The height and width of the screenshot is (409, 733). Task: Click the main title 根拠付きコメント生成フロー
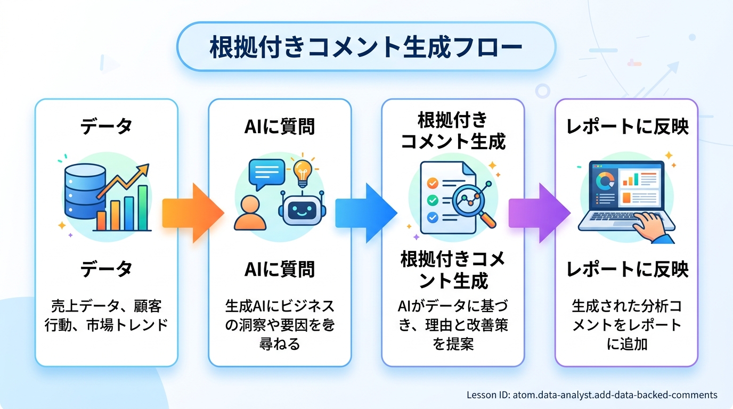[366, 47]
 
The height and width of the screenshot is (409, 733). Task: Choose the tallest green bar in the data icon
[143, 208]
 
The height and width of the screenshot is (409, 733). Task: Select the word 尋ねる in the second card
[280, 343]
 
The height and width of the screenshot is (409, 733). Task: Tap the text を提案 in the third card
[453, 343]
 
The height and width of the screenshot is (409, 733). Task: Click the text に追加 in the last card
[626, 343]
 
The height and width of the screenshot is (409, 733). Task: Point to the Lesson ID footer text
[591, 395]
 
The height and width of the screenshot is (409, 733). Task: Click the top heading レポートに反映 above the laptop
[626, 127]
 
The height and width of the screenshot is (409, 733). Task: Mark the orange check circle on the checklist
[433, 183]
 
